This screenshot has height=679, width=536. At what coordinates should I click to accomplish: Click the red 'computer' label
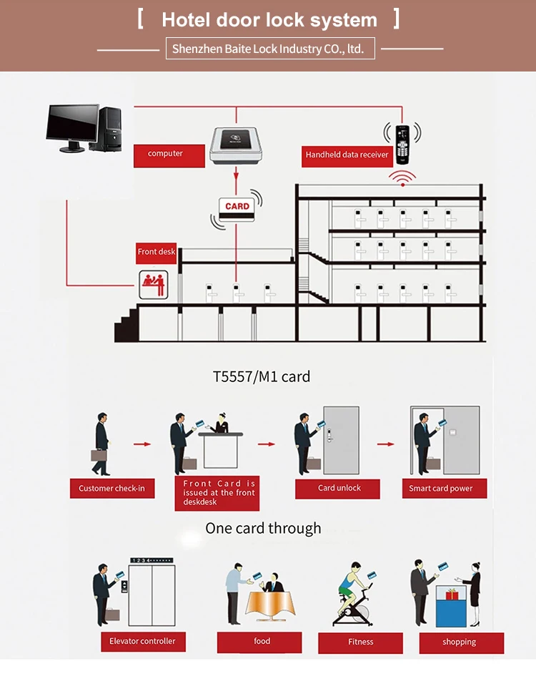pyautogui.click(x=169, y=155)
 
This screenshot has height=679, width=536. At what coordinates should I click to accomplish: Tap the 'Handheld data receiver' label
pyautogui.click(x=347, y=156)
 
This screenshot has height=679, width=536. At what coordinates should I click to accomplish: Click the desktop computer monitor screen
pyautogui.click(x=73, y=122)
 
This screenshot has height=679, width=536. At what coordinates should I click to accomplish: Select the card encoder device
pyautogui.click(x=236, y=145)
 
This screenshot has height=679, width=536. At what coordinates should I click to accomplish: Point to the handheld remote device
pyautogui.click(x=402, y=145)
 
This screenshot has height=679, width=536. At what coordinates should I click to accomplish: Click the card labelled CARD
pyautogui.click(x=237, y=210)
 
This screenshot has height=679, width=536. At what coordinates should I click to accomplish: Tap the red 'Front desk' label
pyautogui.click(x=157, y=253)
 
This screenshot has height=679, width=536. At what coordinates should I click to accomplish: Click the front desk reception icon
pyautogui.click(x=154, y=285)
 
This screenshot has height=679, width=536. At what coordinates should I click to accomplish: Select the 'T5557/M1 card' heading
pyautogui.click(x=262, y=376)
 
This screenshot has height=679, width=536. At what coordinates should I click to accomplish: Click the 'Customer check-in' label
pyautogui.click(x=112, y=488)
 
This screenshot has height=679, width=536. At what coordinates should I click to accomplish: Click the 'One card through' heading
pyautogui.click(x=263, y=528)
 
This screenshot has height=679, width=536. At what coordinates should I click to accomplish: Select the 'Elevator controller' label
pyautogui.click(x=143, y=641)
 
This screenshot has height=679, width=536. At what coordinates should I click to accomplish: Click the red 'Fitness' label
pyautogui.click(x=360, y=643)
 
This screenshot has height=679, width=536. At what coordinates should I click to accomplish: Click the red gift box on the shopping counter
pyautogui.click(x=452, y=594)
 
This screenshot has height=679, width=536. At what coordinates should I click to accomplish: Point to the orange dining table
pyautogui.click(x=270, y=604)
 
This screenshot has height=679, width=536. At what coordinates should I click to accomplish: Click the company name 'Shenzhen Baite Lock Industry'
pyautogui.click(x=247, y=49)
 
